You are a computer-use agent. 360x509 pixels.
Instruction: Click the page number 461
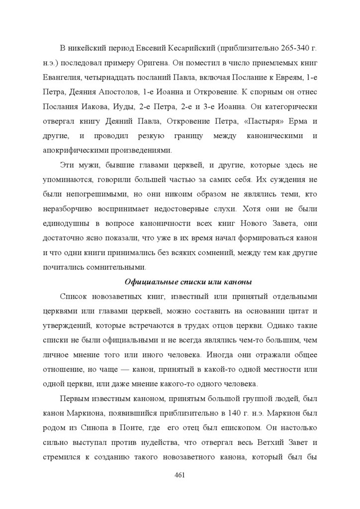(x=180, y=476)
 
